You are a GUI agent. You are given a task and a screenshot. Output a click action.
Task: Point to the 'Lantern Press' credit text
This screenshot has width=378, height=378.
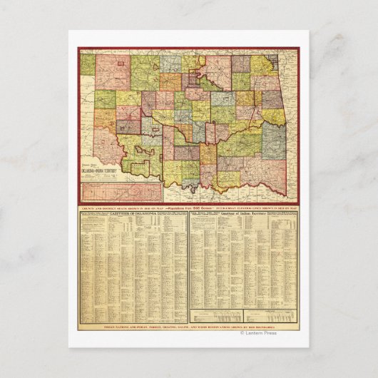pos(260,332)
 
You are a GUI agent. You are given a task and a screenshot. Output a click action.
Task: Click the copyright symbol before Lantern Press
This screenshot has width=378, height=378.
pos(242,332)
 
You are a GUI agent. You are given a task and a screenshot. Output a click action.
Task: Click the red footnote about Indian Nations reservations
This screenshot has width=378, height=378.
pos(189,327)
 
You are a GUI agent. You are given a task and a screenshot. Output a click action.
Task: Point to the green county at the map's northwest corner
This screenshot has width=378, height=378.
pos(87,64)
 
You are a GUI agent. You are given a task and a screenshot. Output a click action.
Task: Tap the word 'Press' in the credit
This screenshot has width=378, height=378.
pos(270,332)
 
